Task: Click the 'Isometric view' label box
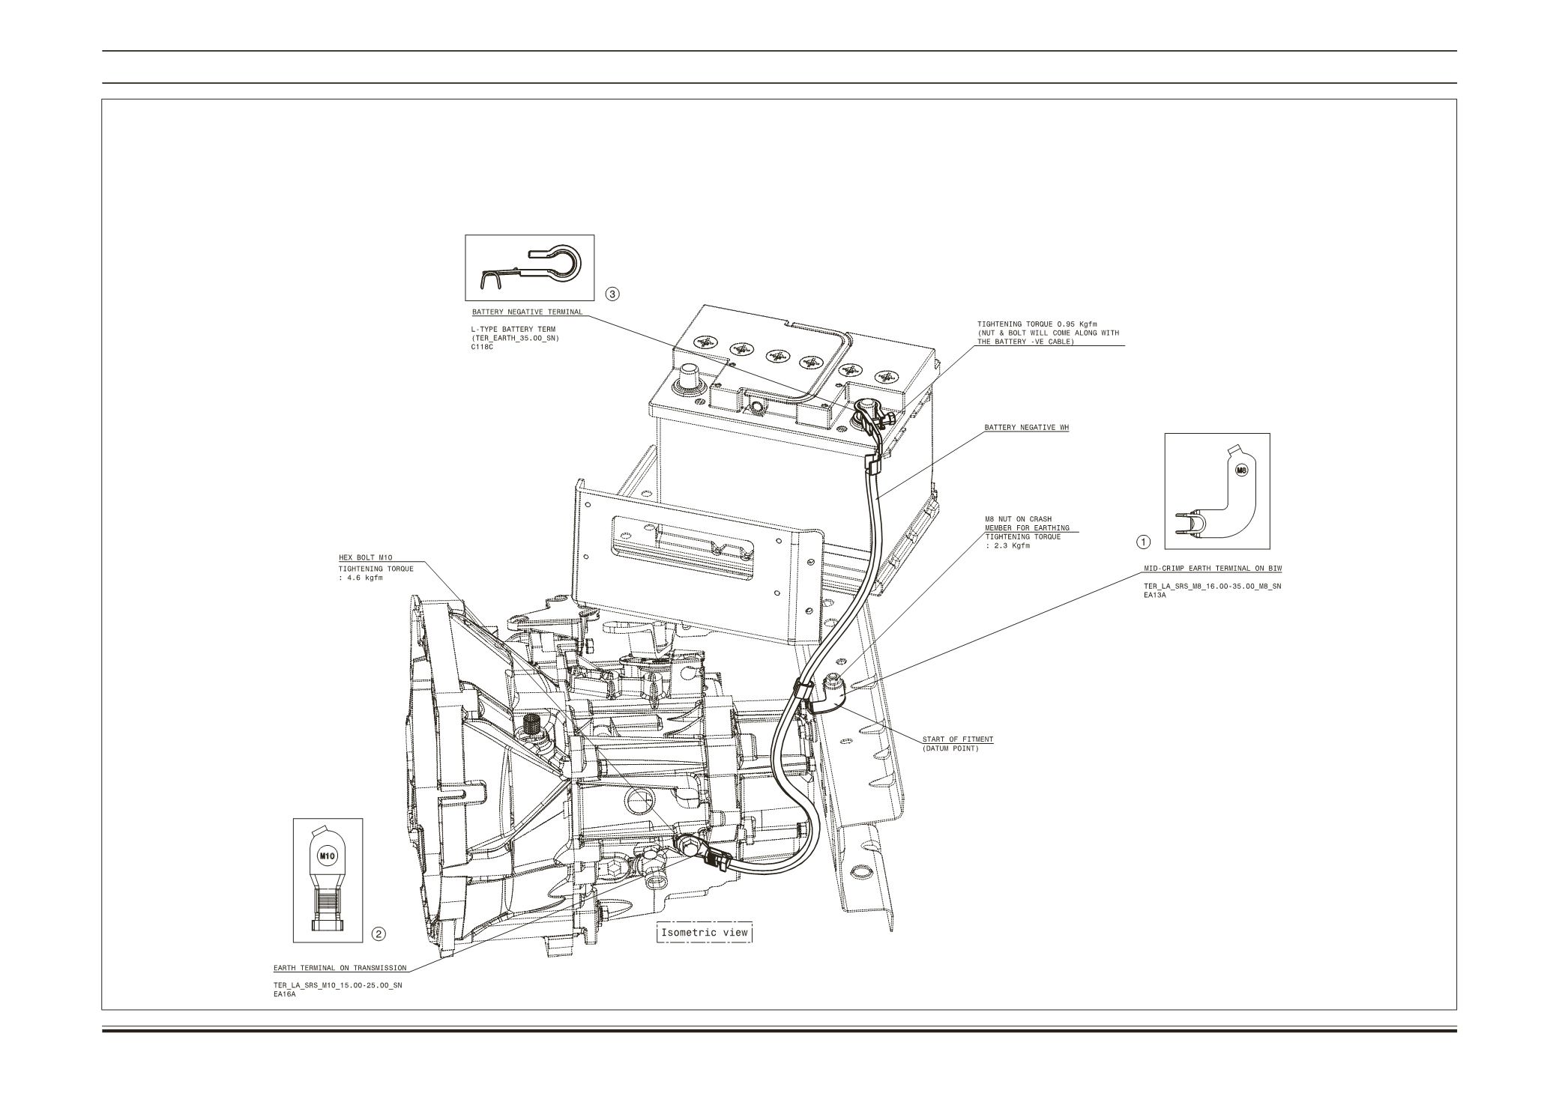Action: pyautogui.click(x=704, y=933)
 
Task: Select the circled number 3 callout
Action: pyautogui.click(x=612, y=294)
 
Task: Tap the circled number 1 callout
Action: pyautogui.click(x=1143, y=541)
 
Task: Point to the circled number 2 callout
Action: pyautogui.click(x=379, y=933)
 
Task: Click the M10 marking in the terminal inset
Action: pyautogui.click(x=328, y=855)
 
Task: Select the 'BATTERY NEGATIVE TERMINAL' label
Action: pyautogui.click(x=527, y=312)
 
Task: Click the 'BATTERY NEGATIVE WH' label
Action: pyautogui.click(x=1027, y=428)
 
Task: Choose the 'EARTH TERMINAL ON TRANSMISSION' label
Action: pyautogui.click(x=340, y=968)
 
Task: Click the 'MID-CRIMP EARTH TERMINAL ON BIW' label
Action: pyautogui.click(x=1207, y=569)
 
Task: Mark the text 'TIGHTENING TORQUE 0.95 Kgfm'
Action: pyautogui.click(x=1031, y=324)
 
